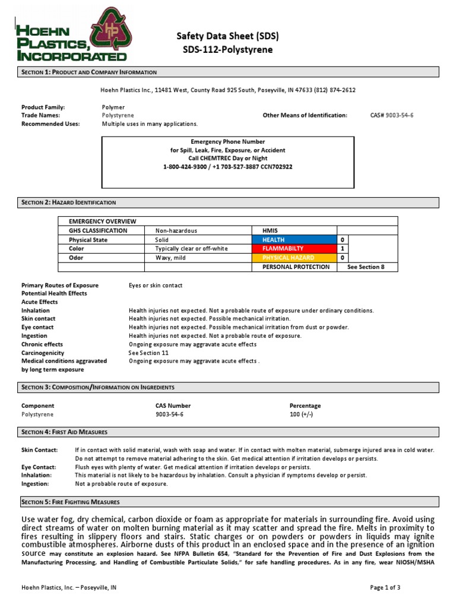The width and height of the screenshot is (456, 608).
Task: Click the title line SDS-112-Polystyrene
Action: [x=227, y=50]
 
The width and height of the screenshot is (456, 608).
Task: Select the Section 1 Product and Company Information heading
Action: [x=89, y=72]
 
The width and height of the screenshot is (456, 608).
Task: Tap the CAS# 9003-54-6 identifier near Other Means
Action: [x=391, y=115]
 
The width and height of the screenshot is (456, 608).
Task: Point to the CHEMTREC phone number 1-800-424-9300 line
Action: [x=228, y=167]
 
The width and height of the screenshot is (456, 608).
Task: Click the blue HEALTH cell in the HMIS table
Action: [x=295, y=240]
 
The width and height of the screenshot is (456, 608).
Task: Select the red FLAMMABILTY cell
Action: [x=295, y=249]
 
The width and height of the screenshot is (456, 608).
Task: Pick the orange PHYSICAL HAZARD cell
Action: [x=295, y=258]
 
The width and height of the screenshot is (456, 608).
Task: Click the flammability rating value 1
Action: [x=343, y=249]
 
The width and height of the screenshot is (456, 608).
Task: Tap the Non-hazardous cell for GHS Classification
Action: [x=176, y=230]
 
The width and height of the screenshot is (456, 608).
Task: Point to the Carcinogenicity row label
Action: [x=43, y=352]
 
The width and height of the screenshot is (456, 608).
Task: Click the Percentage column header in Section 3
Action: [x=305, y=406]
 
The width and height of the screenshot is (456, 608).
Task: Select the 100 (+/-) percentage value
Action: [x=301, y=414]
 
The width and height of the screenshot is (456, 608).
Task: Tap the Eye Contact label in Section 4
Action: [x=39, y=467]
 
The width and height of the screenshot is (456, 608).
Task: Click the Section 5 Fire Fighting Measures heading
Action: [x=71, y=502]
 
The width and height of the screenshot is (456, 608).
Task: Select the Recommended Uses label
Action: [x=47, y=124]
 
